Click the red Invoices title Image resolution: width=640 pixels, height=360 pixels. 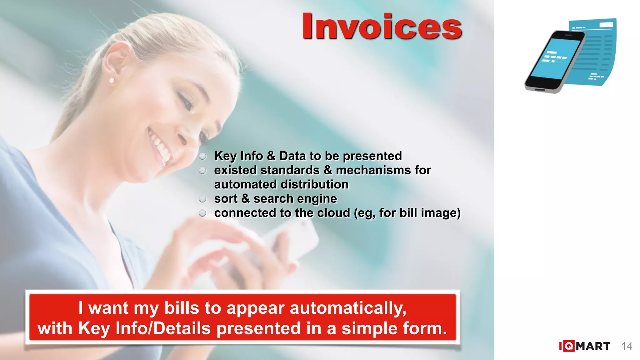[x=382, y=26]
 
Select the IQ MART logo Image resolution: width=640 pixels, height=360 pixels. [x=584, y=346]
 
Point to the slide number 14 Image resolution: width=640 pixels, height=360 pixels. [x=627, y=346]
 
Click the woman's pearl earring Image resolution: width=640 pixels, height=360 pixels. [x=112, y=81]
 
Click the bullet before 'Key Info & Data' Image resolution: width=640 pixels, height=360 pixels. [x=202, y=156]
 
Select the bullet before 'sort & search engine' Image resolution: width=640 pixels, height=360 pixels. [x=202, y=199]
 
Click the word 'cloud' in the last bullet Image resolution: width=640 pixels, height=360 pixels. [x=333, y=213]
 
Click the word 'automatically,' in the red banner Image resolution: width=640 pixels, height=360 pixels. [x=348, y=308]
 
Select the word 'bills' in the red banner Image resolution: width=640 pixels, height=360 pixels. [x=182, y=308]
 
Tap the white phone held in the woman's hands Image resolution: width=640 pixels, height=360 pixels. [x=291, y=237]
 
